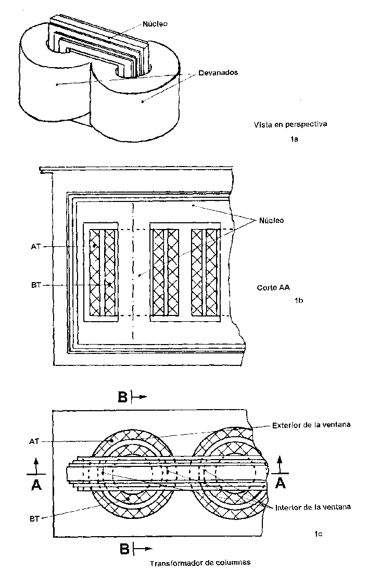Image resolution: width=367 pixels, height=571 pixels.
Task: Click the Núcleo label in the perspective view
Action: coord(155,24)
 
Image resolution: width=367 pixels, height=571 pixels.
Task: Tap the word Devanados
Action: coord(218,72)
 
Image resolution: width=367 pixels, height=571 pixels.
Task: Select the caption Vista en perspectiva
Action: coord(290,124)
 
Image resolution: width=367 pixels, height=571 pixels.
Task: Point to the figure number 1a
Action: coord(294,139)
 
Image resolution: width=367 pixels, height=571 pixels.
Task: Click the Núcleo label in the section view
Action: coord(272,220)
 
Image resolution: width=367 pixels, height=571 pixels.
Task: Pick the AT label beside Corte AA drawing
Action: coord(36,247)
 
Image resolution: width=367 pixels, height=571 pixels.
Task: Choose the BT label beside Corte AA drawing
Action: coord(36,285)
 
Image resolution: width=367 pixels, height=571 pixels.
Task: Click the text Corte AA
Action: coord(273,287)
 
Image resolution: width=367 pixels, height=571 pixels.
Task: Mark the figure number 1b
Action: coord(299,300)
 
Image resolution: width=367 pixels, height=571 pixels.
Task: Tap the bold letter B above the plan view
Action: coord(123,397)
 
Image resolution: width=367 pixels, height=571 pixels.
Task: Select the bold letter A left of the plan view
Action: coord(36,484)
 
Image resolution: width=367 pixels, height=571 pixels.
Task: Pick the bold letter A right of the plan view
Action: coord(281,483)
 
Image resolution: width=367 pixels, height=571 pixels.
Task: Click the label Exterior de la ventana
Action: coord(311,425)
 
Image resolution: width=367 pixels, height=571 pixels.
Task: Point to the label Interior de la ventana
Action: coord(313,507)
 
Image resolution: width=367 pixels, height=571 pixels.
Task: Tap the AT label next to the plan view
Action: coord(34,442)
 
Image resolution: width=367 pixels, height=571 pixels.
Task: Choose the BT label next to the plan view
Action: coord(34,519)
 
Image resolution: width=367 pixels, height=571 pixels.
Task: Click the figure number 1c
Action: coord(319,534)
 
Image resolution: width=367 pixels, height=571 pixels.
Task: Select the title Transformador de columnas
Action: coord(200,563)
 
